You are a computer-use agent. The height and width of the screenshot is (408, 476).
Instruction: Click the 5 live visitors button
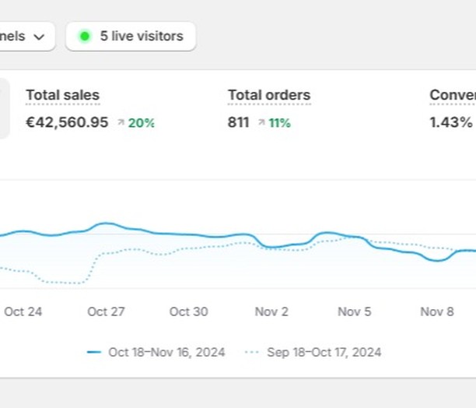(131, 36)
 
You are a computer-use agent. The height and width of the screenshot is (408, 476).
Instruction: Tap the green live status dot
(85, 36)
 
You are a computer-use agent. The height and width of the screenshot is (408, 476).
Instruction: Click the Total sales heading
(62, 96)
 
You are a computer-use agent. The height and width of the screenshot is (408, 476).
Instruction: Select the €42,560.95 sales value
(67, 122)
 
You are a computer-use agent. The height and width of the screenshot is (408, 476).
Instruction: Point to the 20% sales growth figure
(142, 122)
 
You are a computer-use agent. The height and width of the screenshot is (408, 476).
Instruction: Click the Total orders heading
(269, 96)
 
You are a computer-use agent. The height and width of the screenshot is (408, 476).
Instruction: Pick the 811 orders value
(239, 122)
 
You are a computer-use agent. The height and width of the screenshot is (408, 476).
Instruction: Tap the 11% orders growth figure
(279, 122)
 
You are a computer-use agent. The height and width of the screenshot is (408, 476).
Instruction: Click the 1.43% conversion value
(451, 122)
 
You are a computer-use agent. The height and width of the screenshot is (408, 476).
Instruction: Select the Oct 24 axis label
(23, 311)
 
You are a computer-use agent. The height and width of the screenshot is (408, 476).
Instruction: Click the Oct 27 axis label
(106, 311)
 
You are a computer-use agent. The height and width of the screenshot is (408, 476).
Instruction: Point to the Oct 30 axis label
(189, 311)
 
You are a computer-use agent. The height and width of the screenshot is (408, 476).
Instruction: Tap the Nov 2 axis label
(271, 311)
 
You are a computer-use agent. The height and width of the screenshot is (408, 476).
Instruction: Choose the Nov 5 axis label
(355, 311)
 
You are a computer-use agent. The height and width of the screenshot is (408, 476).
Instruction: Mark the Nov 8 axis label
(437, 311)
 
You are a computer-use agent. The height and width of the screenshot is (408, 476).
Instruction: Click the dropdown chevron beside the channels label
(39, 36)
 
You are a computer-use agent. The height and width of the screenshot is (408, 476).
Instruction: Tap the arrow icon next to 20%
(121, 122)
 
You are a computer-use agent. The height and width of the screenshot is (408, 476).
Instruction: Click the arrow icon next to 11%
(261, 122)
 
